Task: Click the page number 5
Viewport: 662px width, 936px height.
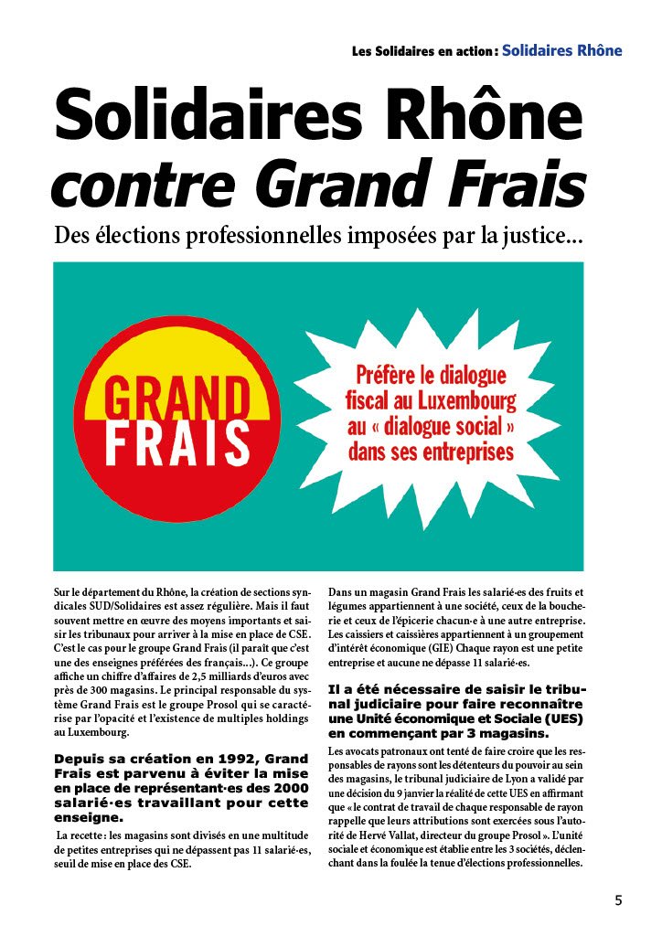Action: pos(618,900)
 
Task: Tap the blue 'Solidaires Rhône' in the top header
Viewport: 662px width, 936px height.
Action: pos(562,50)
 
